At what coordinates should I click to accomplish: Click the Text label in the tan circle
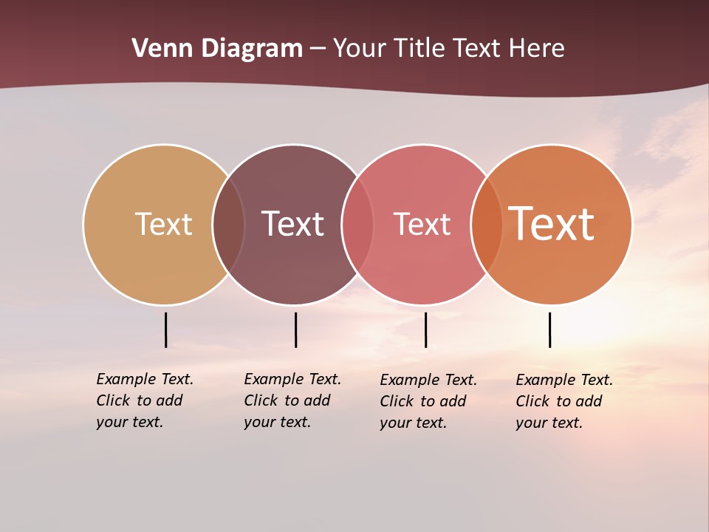(x=163, y=224)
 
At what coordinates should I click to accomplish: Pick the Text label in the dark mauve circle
(x=292, y=224)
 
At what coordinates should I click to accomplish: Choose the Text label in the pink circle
(x=422, y=224)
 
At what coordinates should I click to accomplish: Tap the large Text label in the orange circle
(x=552, y=224)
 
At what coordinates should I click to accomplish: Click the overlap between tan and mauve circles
(x=228, y=225)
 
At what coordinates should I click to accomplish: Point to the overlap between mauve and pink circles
(x=357, y=225)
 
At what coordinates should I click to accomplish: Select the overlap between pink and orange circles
(x=487, y=225)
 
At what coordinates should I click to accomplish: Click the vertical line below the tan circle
(x=165, y=330)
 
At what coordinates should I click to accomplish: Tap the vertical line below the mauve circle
(x=295, y=330)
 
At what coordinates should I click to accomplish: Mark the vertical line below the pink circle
(x=425, y=330)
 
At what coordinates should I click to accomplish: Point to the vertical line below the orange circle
(x=549, y=330)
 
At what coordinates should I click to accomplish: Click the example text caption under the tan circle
(x=145, y=400)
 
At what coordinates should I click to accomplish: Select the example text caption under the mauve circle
(x=292, y=400)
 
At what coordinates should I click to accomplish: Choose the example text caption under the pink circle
(x=428, y=401)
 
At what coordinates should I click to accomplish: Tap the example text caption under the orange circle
(x=564, y=401)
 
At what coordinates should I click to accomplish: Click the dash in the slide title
(x=318, y=50)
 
